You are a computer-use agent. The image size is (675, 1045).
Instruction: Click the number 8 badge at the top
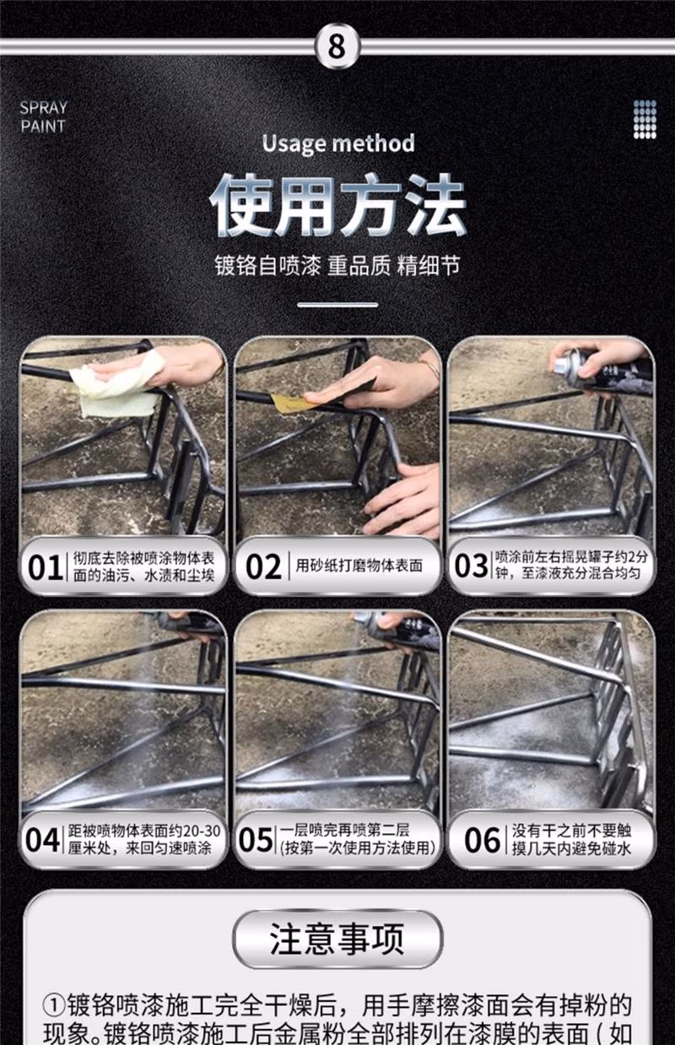337,46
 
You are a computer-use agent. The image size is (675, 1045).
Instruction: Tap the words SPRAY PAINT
43,117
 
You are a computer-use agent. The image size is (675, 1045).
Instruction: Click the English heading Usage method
337,143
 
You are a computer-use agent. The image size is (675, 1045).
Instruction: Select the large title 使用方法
337,205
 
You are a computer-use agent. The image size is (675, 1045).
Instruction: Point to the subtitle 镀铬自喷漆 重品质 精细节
337,265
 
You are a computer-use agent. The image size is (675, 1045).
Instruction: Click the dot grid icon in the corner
645,119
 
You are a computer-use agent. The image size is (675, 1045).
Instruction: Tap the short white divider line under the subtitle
337,305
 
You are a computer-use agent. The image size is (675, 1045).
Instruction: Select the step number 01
46,568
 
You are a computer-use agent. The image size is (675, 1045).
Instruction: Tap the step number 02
263,567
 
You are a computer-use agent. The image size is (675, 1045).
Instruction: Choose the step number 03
472,566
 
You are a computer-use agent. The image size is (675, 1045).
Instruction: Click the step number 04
42,840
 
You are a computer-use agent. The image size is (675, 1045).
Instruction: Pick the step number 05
256,840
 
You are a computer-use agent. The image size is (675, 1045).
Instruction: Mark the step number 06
483,840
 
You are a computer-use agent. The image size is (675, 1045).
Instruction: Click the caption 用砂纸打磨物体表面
359,566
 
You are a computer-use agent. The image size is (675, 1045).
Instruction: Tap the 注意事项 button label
337,939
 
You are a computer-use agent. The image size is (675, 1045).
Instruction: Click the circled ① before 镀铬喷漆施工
55,1006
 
